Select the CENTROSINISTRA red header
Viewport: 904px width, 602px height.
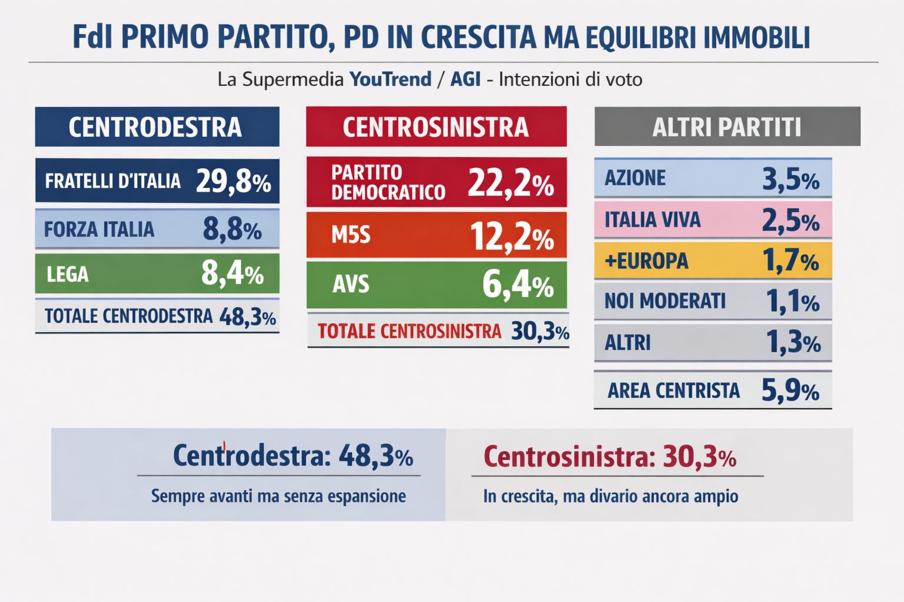436,127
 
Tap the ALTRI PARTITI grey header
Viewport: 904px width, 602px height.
727,127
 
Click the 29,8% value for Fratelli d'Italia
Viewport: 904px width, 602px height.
233,181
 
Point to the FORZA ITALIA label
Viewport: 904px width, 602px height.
99,229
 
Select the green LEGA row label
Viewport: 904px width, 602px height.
68,274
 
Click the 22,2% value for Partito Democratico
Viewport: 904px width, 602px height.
510,183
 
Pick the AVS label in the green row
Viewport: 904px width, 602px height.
351,285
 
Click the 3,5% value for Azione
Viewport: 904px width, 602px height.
790,179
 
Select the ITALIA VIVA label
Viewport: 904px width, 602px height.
653,220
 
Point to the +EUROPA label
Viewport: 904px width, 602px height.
646,260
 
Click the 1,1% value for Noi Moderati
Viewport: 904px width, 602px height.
792,302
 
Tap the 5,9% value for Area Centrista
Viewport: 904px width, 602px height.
790,390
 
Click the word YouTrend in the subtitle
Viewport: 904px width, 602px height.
390,79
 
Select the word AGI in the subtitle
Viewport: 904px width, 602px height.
465,79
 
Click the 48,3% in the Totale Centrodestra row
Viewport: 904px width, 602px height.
247,317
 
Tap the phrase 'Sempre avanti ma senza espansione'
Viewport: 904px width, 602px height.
278,496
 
